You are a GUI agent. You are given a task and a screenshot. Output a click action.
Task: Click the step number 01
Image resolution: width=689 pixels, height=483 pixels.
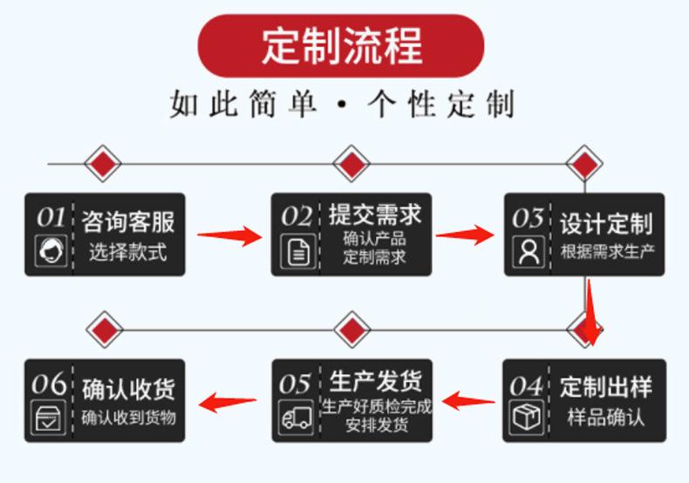pyautogui.click(x=51, y=215)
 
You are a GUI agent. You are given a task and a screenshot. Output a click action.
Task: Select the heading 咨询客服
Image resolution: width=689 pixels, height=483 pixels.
pyautogui.click(x=128, y=221)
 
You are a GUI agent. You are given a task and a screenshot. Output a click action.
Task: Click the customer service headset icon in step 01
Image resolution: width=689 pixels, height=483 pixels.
pyautogui.click(x=51, y=252)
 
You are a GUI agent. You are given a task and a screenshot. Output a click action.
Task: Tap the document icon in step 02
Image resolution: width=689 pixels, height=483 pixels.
pyautogui.click(x=299, y=254)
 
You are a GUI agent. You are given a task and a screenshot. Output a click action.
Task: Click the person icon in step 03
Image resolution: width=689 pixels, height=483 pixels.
pyautogui.click(x=529, y=252)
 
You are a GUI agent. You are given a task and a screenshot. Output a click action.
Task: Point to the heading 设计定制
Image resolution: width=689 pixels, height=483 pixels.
pyautogui.click(x=605, y=223)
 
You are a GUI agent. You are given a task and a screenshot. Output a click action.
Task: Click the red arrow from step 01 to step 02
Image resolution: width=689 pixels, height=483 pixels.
pyautogui.click(x=229, y=235)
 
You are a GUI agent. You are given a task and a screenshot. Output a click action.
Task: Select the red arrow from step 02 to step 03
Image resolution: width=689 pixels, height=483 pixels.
pyautogui.click(x=465, y=235)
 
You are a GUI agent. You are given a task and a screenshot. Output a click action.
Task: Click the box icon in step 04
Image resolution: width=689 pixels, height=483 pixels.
pyautogui.click(x=527, y=418)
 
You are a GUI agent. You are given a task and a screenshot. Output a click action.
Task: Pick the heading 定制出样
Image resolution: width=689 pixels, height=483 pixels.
pyautogui.click(x=605, y=387)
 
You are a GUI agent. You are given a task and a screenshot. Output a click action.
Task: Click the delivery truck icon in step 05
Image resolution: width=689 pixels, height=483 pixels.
pyautogui.click(x=297, y=418)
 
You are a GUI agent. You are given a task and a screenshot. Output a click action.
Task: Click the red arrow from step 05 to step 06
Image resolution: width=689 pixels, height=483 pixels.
pyautogui.click(x=229, y=402)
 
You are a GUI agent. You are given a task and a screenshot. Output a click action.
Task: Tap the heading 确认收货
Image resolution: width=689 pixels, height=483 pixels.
pyautogui.click(x=128, y=387)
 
